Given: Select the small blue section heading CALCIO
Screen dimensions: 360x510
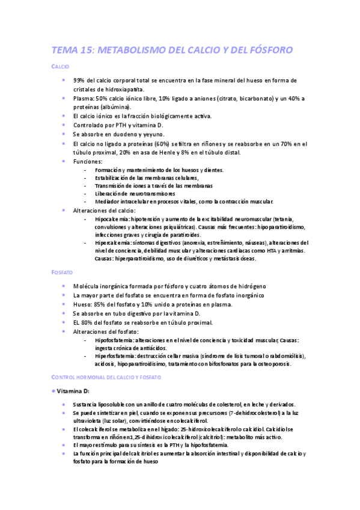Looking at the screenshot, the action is pyautogui.click(x=60, y=67).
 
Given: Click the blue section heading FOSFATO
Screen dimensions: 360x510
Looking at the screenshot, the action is pyautogui.click(x=63, y=272).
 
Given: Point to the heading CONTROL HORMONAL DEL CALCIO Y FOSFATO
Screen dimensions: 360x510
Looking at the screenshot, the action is pyautogui.click(x=106, y=376).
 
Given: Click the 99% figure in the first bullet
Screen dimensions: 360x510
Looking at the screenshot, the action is pyautogui.click(x=79, y=80).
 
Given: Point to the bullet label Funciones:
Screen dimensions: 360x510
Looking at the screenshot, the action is pyautogui.click(x=88, y=162).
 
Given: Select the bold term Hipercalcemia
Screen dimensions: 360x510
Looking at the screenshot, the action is pyautogui.click(x=112, y=242).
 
